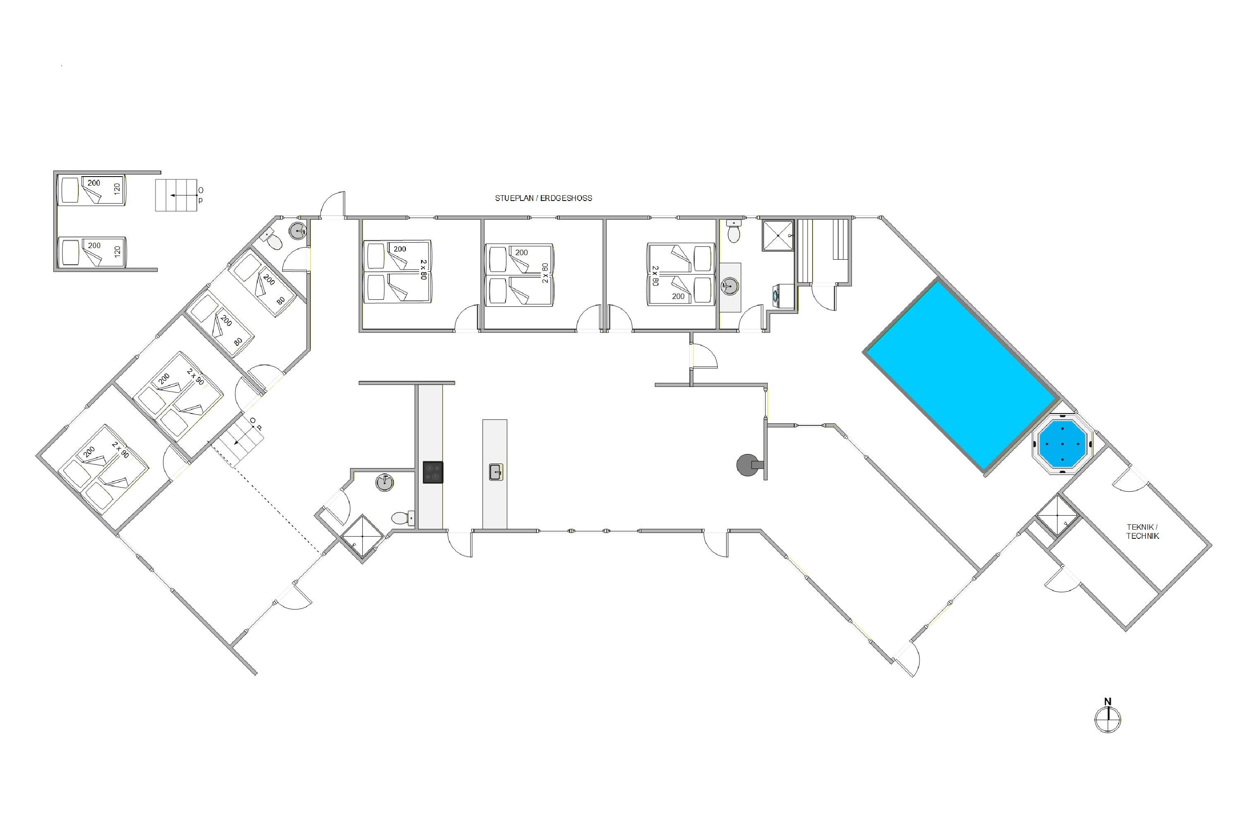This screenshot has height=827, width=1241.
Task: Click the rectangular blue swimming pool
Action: pos(961,375)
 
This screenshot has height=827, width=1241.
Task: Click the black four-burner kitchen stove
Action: pos(433,472)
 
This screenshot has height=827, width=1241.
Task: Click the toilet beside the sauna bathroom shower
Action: pos(734,230)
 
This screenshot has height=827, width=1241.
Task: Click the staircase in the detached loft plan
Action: pos(176,195)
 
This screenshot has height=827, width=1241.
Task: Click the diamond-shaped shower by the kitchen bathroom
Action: pos(362,538)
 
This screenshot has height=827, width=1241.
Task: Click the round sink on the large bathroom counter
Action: pos(730,287)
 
